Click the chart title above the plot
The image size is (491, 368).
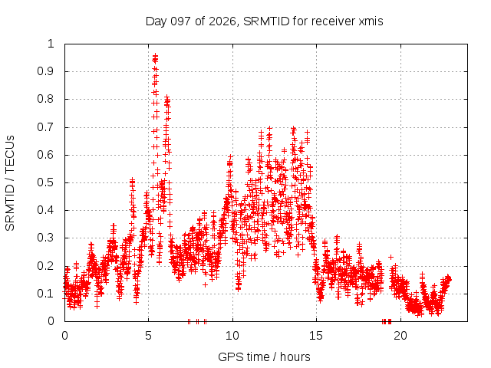tap(264, 21)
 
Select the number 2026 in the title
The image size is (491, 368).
tap(222, 21)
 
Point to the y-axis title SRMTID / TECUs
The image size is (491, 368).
tap(10, 183)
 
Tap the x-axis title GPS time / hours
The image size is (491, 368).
tap(264, 356)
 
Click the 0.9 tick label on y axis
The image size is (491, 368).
tap(45, 71)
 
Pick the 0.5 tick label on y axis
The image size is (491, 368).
tap(45, 182)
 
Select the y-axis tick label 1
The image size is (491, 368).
tap(51, 44)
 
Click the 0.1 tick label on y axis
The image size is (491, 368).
tap(45, 294)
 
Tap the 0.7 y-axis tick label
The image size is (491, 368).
tap(45, 127)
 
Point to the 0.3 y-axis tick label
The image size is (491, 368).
tap(45, 238)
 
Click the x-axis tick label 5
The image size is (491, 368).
tap(148, 336)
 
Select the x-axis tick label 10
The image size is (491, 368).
tap(232, 336)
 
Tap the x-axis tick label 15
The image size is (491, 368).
tap(316, 336)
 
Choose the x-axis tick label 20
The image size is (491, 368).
tap(400, 336)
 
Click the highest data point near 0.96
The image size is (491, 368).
tap(155, 55)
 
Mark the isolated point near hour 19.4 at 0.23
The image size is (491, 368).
tap(390, 257)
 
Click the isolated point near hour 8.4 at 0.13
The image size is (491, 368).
tap(205, 284)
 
